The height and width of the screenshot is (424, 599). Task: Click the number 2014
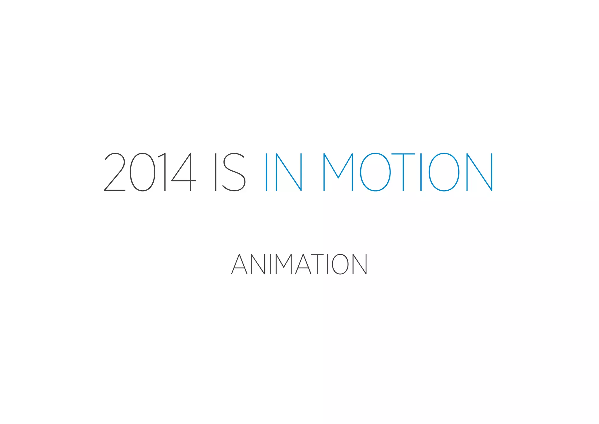click(150, 172)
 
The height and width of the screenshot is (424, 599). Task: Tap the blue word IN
click(284, 172)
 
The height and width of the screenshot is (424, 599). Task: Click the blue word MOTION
click(408, 172)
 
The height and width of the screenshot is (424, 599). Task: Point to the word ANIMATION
click(299, 264)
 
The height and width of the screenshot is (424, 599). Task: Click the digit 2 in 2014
click(115, 172)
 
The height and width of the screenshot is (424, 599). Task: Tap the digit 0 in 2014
click(142, 172)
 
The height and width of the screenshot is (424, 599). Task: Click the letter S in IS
click(234, 172)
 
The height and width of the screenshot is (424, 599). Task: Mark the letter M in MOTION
click(338, 172)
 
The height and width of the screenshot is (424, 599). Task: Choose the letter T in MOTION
click(403, 172)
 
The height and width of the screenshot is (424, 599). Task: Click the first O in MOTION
click(375, 172)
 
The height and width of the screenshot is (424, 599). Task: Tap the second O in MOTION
click(444, 172)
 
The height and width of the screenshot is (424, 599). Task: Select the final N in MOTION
click(480, 172)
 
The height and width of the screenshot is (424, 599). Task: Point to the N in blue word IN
click(289, 172)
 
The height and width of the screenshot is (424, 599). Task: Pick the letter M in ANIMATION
click(284, 264)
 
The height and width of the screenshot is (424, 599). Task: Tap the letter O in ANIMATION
click(340, 264)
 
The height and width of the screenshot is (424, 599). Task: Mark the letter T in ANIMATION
click(317, 264)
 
